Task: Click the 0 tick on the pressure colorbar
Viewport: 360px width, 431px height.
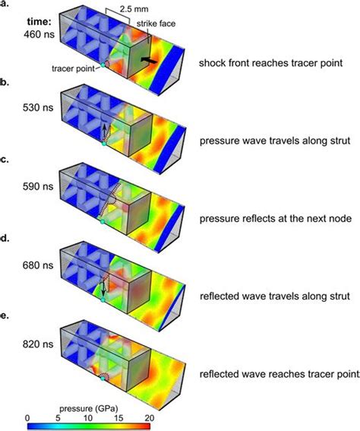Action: coord(27,416)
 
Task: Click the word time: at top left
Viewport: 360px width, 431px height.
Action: coord(18,18)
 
